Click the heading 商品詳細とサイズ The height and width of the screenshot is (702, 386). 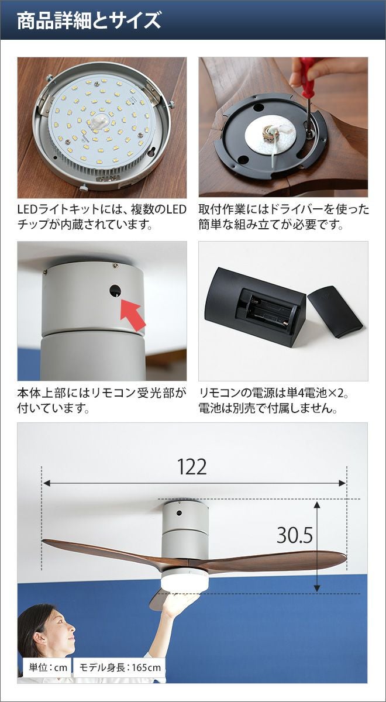[x=89, y=20]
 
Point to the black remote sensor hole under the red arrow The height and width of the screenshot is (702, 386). [x=115, y=291]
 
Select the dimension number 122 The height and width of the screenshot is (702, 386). [x=192, y=467]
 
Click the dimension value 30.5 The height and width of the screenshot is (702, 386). [x=295, y=535]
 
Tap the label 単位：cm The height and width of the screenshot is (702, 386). [x=48, y=667]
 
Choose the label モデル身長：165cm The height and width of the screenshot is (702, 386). [x=120, y=667]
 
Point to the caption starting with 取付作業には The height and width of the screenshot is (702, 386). [x=284, y=217]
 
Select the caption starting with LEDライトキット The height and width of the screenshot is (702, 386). [x=102, y=217]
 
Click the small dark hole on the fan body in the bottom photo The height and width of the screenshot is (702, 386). [x=179, y=513]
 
